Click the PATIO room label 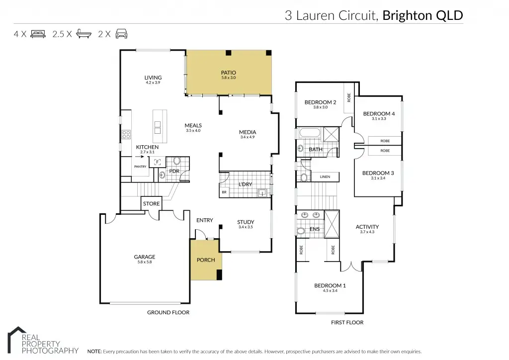pos(228,73)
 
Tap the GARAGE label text pos(144,257)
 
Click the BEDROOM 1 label pos(330,285)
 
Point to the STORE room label pos(151,204)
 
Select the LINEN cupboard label pos(325,177)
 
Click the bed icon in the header pos(38,34)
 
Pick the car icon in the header pos(121,34)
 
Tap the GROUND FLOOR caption pos(168,312)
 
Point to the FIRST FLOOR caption pos(347,322)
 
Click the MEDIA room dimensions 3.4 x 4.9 pos(247,137)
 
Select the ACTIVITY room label pos(367,227)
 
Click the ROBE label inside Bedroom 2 pos(349,98)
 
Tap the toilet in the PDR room pos(176,162)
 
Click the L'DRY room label pos(246,184)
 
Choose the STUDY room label pos(246,222)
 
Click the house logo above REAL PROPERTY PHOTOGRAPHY pos(17,333)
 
